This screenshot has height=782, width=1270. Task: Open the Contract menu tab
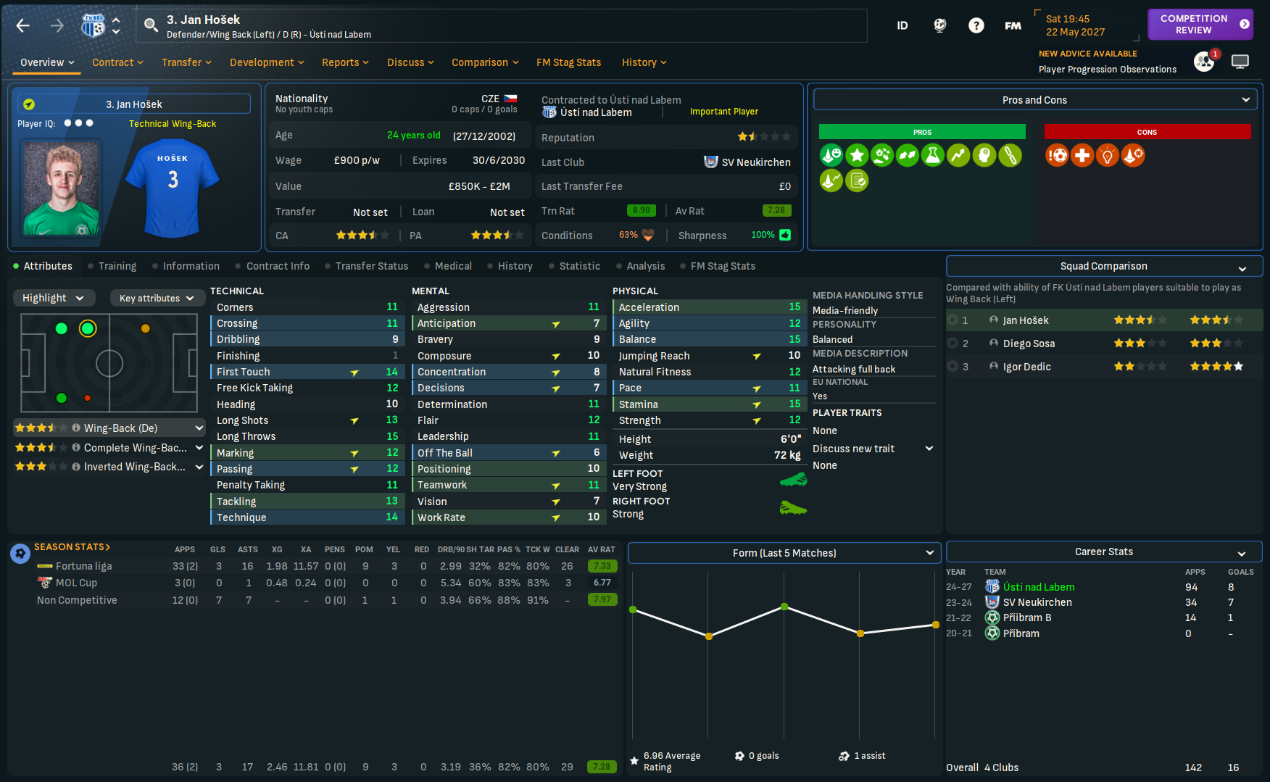117,62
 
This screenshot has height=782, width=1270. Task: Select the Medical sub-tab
453,266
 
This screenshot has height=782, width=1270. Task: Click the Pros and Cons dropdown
1034,100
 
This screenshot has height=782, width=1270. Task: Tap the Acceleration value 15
794,307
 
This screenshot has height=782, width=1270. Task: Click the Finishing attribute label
238,356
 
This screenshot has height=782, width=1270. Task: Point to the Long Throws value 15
392,436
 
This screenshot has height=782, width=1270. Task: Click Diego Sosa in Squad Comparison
1029,344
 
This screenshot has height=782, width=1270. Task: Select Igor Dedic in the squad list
1026,367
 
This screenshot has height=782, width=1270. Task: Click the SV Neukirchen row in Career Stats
1037,602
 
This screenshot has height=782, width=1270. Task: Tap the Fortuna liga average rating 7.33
602,566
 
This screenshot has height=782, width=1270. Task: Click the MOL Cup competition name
76,583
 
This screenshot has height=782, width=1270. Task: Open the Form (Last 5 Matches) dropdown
784,553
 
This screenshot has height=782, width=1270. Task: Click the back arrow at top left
23,26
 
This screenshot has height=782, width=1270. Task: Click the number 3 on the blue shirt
173,180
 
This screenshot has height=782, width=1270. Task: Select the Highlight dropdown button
53,298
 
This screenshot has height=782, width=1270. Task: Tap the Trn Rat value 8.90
641,211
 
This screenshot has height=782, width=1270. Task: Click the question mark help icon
976,26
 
